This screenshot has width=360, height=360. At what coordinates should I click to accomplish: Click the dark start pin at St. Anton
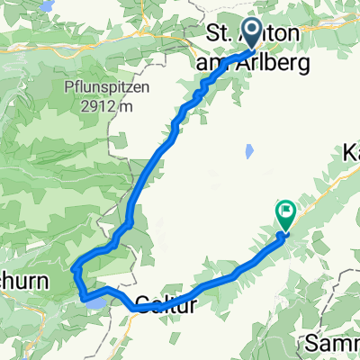click(251, 32)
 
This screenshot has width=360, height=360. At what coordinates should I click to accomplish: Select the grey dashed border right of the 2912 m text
click(111, 135)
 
